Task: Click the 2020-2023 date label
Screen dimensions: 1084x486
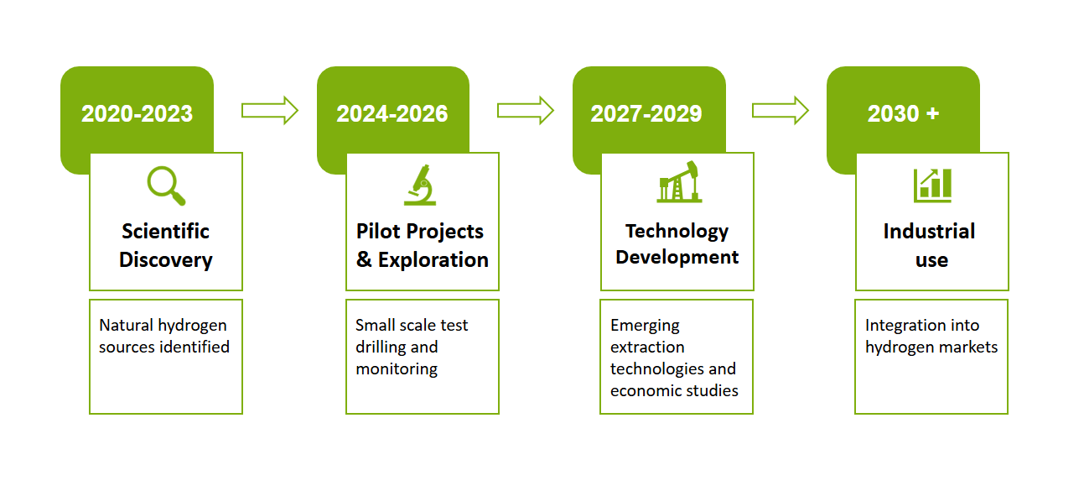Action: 137,114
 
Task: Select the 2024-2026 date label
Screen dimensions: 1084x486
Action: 392,114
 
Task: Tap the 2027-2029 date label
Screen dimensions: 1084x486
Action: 646,114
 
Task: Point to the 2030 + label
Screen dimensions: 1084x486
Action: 903,114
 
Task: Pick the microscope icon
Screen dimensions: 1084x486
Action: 420,185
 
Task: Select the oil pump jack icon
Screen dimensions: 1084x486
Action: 679,181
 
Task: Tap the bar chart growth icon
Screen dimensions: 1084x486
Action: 932,186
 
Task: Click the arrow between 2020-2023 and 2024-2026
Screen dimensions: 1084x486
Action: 270,111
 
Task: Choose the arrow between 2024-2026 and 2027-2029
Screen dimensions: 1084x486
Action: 526,111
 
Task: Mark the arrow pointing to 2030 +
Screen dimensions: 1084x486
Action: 780,111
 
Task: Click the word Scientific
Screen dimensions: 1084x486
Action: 165,231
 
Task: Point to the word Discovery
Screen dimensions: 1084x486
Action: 166,260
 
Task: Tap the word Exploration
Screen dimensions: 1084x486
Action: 433,260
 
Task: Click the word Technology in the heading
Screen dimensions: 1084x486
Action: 677,232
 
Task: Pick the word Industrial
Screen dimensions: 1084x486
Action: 929,231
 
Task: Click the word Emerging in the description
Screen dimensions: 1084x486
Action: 645,326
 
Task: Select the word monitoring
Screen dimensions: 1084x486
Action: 397,369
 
